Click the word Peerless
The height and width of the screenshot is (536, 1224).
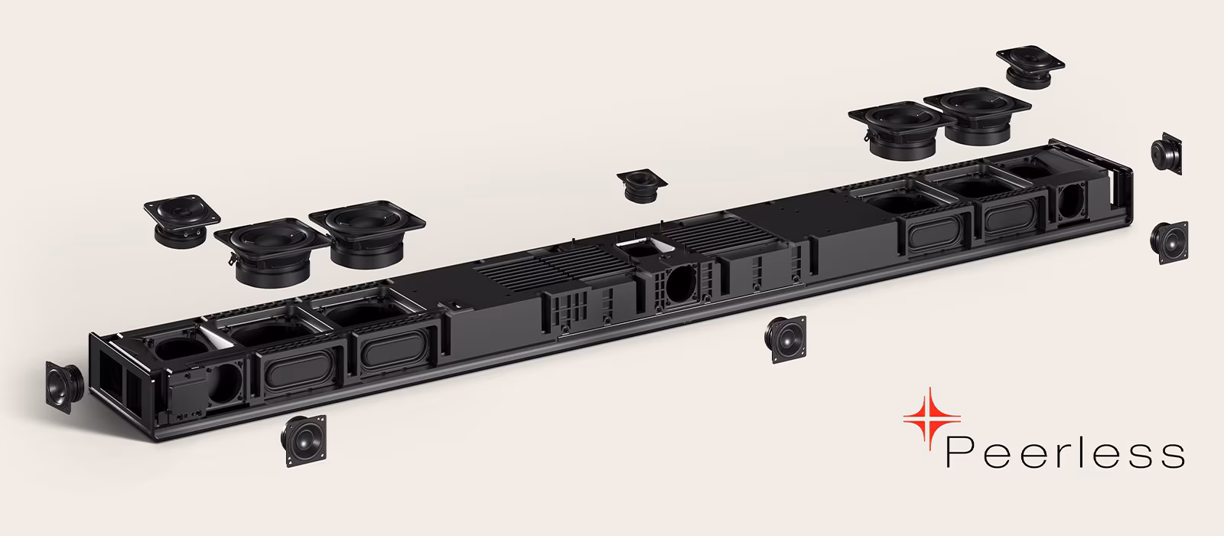[x=1065, y=453]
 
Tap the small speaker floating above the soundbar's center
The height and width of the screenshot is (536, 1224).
[x=642, y=185]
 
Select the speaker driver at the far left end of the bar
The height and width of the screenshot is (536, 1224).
[x=64, y=387]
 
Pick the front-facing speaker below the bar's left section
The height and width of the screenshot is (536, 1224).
[x=304, y=440]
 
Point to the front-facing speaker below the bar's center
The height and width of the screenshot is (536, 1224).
[x=785, y=339]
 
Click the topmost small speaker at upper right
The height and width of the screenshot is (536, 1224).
[x=1030, y=67]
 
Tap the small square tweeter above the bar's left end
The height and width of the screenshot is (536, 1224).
[x=181, y=221]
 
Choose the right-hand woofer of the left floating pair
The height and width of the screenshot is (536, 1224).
[x=367, y=234]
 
